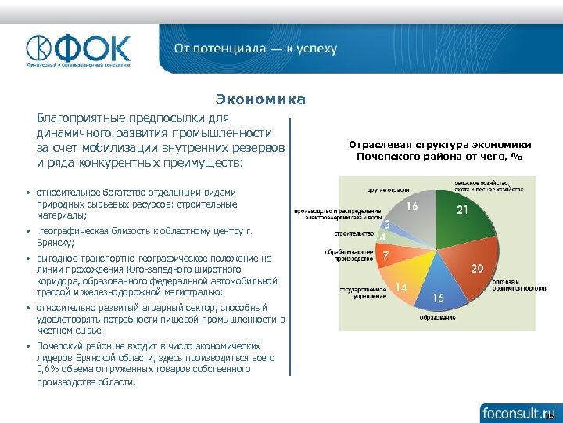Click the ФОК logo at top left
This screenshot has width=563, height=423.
[78, 51]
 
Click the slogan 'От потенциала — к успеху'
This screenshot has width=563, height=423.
[256, 49]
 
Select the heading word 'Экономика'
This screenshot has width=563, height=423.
[260, 100]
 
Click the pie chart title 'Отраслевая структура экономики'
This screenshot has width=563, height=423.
[439, 145]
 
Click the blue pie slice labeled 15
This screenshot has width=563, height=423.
[439, 294]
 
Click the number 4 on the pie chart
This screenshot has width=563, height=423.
[382, 237]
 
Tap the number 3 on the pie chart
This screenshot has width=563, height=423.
[387, 226]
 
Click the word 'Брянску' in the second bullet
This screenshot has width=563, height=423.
[56, 243]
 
